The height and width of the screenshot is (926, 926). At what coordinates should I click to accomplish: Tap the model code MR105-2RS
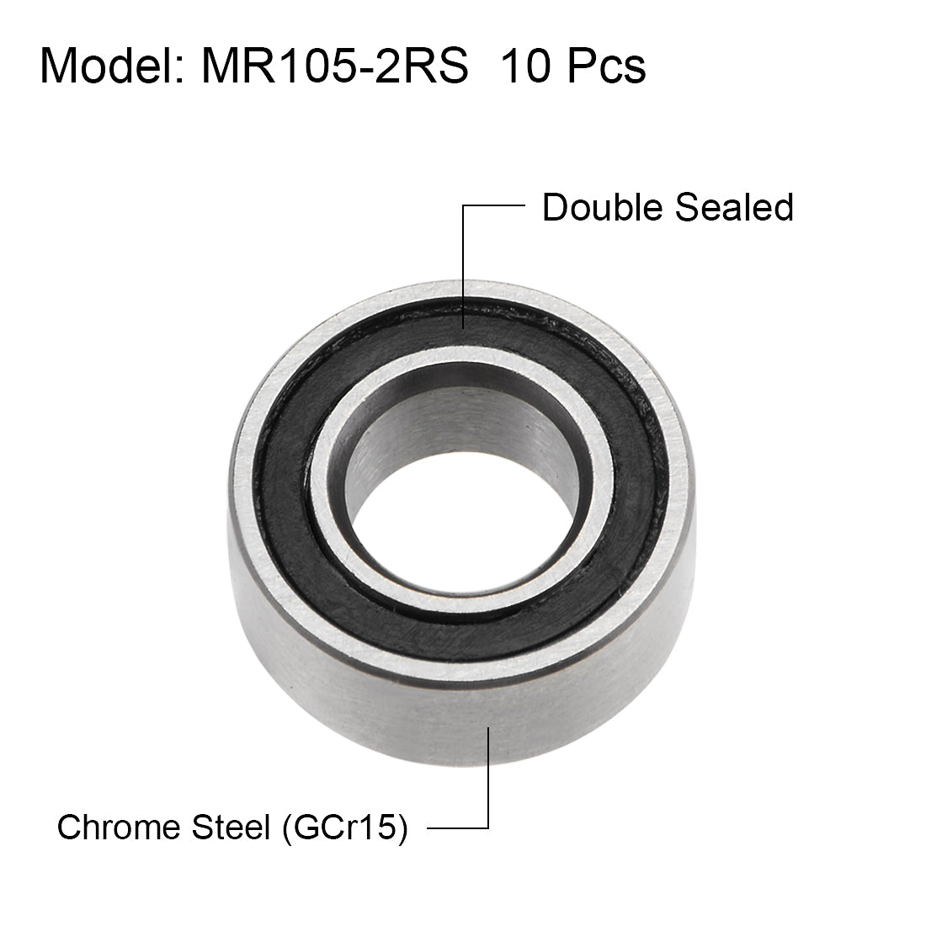point(334,66)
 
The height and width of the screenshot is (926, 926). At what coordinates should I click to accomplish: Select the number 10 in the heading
point(528,66)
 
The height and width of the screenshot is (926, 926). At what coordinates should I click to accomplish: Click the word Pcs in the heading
point(606,66)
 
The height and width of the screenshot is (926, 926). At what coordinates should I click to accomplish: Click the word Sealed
point(733,207)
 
